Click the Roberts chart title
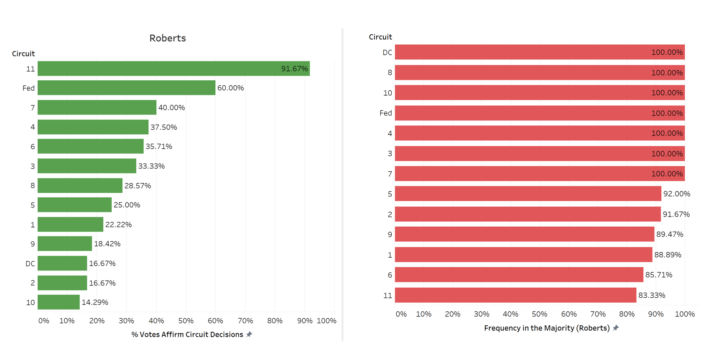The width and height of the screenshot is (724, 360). [167, 38]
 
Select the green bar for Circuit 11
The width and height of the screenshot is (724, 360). [173, 69]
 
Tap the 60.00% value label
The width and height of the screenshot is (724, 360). [230, 88]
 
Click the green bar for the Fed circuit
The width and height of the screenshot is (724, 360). [126, 88]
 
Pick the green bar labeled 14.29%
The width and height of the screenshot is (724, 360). [59, 302]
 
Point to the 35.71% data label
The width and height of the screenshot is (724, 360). [159, 146]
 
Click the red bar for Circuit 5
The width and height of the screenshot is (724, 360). [528, 194]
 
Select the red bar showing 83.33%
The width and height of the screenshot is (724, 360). [515, 295]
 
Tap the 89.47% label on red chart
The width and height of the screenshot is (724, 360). [670, 234]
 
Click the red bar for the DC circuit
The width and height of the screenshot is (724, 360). [539, 52]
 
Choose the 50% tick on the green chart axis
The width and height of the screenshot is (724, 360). [186, 321]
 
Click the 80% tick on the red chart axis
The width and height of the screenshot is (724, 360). [627, 314]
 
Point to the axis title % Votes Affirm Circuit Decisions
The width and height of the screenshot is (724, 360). [187, 334]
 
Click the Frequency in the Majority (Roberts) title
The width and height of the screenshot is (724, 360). [547, 328]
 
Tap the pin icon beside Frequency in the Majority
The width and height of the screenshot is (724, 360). [616, 328]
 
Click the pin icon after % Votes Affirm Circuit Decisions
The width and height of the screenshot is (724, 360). [249, 334]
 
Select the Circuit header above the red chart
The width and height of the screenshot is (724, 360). [380, 37]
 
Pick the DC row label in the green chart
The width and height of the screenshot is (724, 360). [30, 263]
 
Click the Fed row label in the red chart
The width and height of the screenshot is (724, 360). [385, 113]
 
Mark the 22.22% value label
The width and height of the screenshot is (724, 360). [118, 225]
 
